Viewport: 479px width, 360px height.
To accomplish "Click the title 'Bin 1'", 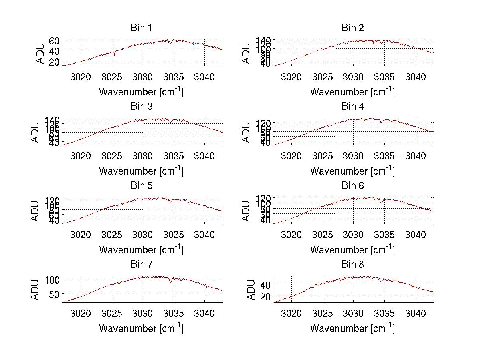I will [141, 28].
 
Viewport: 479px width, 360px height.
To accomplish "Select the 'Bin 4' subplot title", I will [352, 107].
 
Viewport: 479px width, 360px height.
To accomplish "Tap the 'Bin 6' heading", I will [352, 186].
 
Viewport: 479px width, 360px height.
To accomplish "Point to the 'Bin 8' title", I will [352, 265].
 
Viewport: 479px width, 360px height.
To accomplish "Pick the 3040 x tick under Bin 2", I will [416, 77].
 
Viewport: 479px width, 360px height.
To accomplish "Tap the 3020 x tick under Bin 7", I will [81, 313].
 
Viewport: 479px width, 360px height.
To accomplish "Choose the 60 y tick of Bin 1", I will [54, 41].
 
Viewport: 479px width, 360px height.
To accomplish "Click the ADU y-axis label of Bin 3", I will [35, 132].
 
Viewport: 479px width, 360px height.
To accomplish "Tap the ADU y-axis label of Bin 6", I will [246, 211].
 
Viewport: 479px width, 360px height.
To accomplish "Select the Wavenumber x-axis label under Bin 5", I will [141, 250].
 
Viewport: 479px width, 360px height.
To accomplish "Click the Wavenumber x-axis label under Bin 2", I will [352, 92].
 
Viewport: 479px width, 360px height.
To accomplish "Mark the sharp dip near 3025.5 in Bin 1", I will [114, 55].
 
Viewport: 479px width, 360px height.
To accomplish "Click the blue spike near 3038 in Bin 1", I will [194, 46].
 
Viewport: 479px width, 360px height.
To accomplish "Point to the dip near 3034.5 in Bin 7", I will [171, 282].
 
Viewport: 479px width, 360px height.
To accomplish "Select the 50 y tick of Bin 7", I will [54, 294].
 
